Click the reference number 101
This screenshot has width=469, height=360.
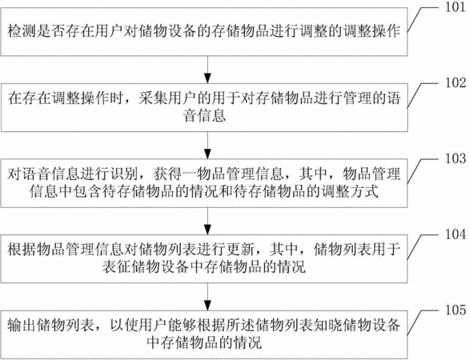(455, 7)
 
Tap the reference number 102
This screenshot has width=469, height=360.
(455, 83)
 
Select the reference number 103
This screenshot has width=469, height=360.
(455, 158)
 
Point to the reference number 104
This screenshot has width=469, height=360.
(455, 234)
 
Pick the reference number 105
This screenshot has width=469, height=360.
(455, 310)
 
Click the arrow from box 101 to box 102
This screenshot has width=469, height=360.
(207, 70)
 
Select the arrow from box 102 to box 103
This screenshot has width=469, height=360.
(207, 146)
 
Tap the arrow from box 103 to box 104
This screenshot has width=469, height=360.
(207, 221)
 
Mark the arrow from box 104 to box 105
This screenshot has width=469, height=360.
(207, 297)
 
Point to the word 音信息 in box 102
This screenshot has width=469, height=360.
(205, 116)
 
